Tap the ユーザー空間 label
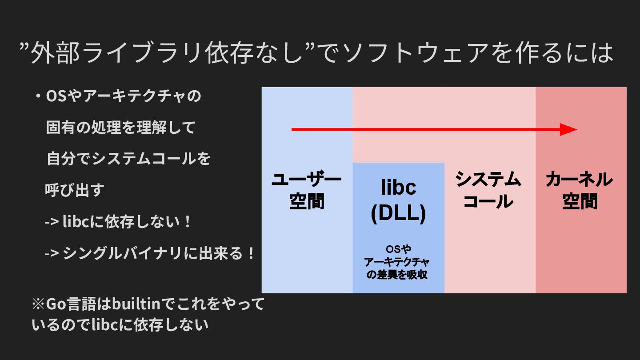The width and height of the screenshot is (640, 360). click(x=307, y=191)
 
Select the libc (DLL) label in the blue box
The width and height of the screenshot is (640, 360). click(x=399, y=200)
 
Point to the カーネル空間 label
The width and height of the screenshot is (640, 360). click(x=580, y=191)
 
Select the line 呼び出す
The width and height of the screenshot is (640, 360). click(x=74, y=190)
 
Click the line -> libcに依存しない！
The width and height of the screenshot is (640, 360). click(x=118, y=222)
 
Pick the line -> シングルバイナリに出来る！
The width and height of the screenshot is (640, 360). click(x=151, y=254)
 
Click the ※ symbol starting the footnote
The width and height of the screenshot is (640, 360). click(x=37, y=305)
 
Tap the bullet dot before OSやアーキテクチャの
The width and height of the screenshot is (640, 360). click(x=38, y=96)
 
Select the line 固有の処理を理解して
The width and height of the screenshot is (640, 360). click(x=121, y=128)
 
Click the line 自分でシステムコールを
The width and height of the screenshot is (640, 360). click(x=128, y=159)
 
